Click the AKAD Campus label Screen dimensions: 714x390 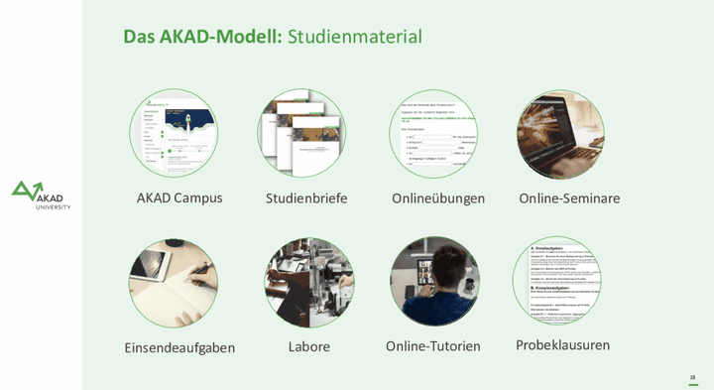179,197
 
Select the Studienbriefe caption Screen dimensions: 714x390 306,198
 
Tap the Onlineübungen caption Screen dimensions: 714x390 438,198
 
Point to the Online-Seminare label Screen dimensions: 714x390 569,198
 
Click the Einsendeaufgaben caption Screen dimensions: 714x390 179,347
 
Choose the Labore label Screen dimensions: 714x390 308,346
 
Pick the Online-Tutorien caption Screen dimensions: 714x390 433,346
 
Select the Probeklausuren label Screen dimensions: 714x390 562,345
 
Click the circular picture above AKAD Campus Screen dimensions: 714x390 174,134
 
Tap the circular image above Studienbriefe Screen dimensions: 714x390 302,134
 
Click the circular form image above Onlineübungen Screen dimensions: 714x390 433,134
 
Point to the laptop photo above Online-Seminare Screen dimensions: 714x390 560,134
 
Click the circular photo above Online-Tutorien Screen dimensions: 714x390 433,282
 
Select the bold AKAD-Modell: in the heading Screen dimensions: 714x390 218,37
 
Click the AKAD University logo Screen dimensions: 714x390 41,195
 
